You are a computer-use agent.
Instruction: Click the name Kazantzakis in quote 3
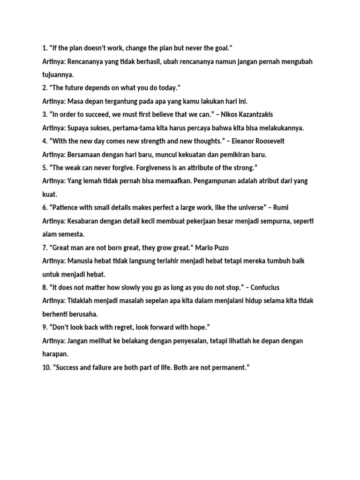254,115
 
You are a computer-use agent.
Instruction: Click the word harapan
55,354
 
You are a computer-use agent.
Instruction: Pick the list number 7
45,247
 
